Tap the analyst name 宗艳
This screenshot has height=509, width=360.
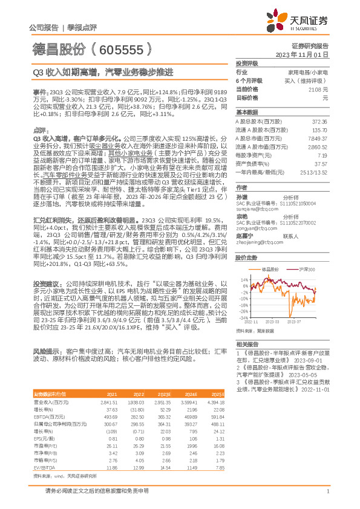click(x=241, y=215)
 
